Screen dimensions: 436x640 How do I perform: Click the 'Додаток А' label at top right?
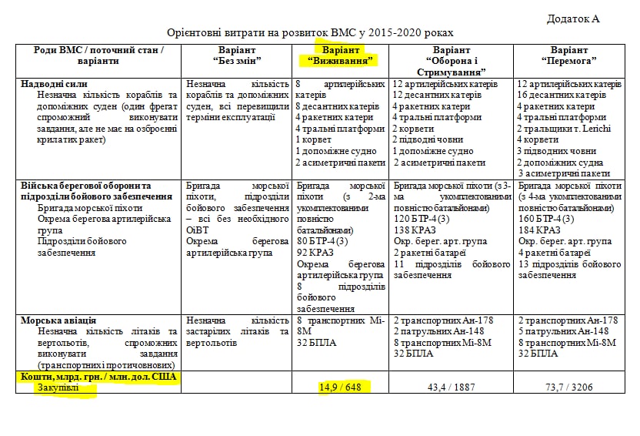573,18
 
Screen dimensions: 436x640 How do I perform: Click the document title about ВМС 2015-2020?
310,33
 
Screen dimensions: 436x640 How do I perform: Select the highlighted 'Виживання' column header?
339,55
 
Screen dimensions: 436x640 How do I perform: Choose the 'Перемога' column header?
569,55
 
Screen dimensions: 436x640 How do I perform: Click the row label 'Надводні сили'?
55,84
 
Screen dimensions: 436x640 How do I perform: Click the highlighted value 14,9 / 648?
339,387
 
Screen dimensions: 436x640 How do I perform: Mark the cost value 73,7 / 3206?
569,387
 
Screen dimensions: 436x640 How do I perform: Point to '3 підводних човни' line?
556,151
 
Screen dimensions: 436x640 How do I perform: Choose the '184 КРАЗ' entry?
538,230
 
